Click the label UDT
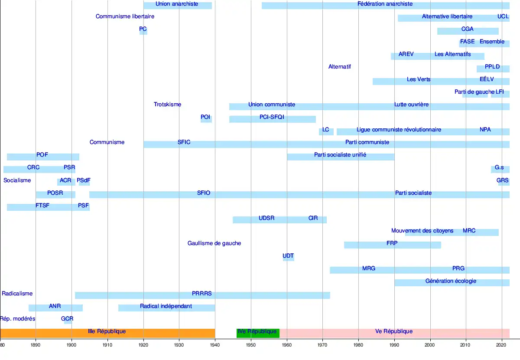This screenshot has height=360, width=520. (x=288, y=256)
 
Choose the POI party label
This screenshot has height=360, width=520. (x=205, y=117)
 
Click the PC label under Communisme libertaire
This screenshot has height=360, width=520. (x=143, y=29)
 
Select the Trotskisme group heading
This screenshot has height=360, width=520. (x=167, y=105)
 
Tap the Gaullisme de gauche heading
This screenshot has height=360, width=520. (x=214, y=243)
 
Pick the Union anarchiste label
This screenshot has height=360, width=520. (x=177, y=4)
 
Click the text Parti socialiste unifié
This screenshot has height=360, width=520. (x=340, y=155)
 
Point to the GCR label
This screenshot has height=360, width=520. (x=67, y=319)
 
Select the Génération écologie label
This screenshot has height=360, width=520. (x=451, y=281)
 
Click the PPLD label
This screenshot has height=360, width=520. (x=492, y=67)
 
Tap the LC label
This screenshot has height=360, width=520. (x=325, y=130)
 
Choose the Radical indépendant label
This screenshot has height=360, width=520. (x=166, y=306)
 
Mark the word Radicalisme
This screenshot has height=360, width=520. (x=17, y=294)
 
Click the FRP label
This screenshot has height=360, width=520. (x=392, y=243)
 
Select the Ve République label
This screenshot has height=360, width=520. (x=394, y=332)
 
